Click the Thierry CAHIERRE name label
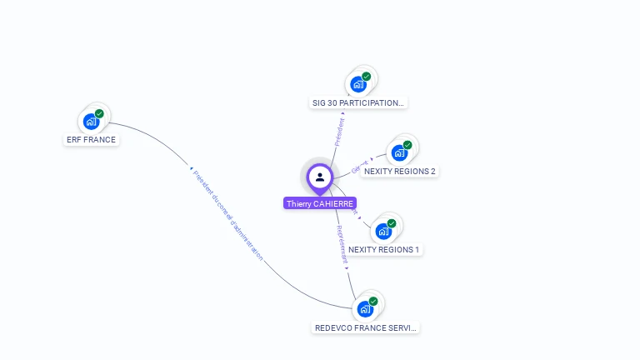pyautogui.click(x=320, y=203)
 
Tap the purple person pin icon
pyautogui.click(x=320, y=177)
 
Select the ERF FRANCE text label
pyautogui.click(x=91, y=140)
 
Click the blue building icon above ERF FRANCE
pyautogui.click(x=92, y=122)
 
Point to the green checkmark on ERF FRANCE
pyautogui.click(x=99, y=114)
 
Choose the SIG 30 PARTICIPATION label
pyautogui.click(x=358, y=103)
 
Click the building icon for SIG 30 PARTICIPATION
pyautogui.click(x=358, y=84)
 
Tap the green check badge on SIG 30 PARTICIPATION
pyautogui.click(x=367, y=77)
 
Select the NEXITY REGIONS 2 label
pyautogui.click(x=400, y=172)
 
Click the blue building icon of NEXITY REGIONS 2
pyautogui.click(x=399, y=152)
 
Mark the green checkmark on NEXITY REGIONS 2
pyautogui.click(x=407, y=145)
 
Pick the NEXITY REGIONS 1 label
pyautogui.click(x=384, y=250)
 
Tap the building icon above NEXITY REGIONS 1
pyautogui.click(x=383, y=231)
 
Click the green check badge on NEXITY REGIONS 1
pyautogui.click(x=392, y=223)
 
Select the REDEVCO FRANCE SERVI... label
pyautogui.click(x=366, y=328)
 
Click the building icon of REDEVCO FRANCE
pyautogui.click(x=365, y=309)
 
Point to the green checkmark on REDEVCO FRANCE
pyautogui.click(x=373, y=302)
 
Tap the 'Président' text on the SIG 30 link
pyautogui.click(x=340, y=132)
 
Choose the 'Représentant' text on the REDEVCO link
pyautogui.click(x=341, y=243)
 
